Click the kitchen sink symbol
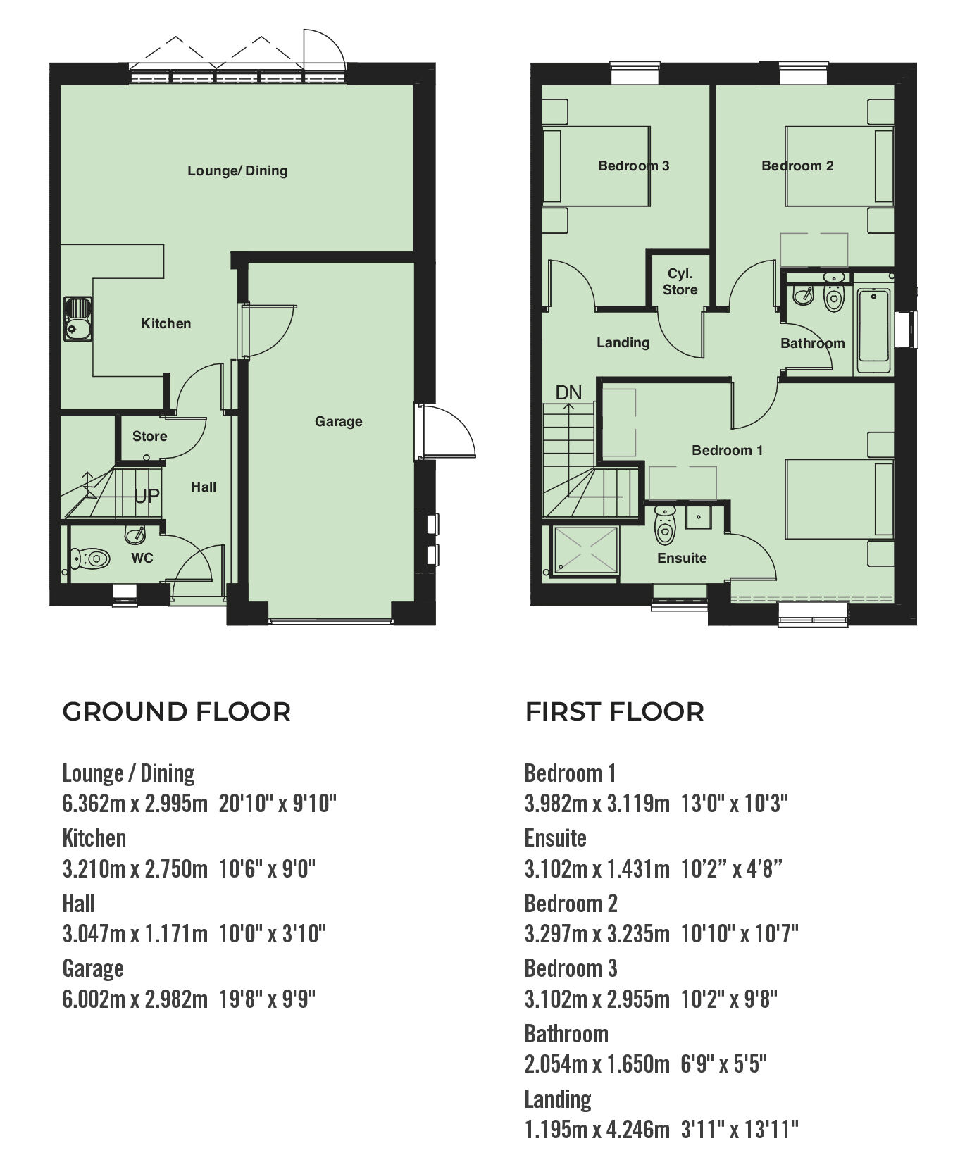[x=77, y=319]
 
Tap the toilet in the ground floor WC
[x=91, y=559]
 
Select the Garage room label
[x=339, y=421]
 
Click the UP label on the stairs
[x=147, y=496]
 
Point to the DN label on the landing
[x=568, y=392]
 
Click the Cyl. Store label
[x=680, y=282]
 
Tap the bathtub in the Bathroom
[x=873, y=331]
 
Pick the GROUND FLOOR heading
[x=177, y=711]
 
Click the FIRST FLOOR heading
[x=614, y=711]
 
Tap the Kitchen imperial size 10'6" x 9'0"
[x=267, y=868]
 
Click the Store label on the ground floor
[x=150, y=436]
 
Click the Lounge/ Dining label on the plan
[x=237, y=170]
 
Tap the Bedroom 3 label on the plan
[x=633, y=166]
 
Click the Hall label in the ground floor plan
[x=204, y=487]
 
